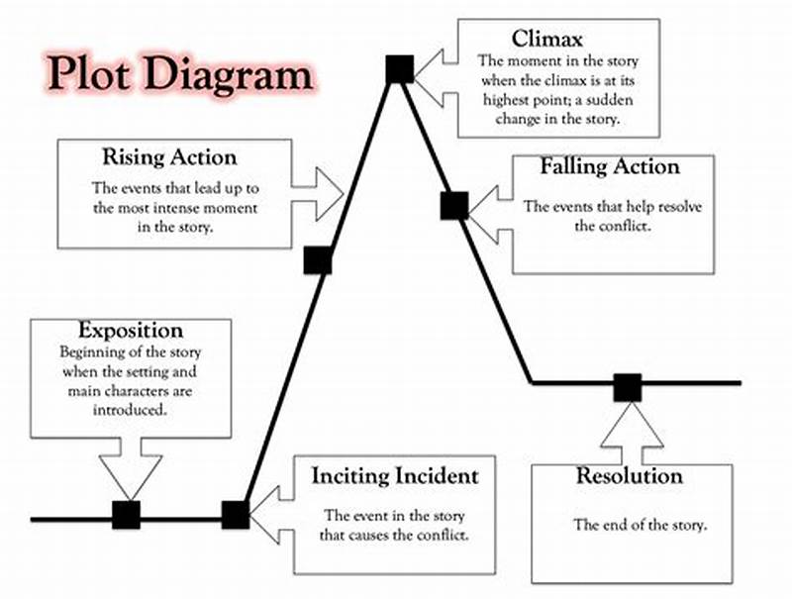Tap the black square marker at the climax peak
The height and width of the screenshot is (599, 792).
(x=399, y=68)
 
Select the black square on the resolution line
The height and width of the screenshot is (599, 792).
(x=627, y=387)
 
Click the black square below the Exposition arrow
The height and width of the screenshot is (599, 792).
(x=126, y=515)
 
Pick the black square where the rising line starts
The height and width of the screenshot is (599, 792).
(x=235, y=515)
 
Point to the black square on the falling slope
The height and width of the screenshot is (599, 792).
(x=453, y=205)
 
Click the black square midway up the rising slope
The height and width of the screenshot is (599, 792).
(x=317, y=259)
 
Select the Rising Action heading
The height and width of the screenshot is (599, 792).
(x=169, y=157)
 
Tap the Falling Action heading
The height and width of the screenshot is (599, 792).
(x=610, y=166)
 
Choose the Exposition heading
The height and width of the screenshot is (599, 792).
(x=131, y=331)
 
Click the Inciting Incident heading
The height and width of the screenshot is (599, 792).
(x=395, y=475)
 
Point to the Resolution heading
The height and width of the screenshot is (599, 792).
(x=630, y=476)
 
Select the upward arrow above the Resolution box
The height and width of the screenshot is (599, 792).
(x=628, y=434)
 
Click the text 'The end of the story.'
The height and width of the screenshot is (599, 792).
(x=641, y=525)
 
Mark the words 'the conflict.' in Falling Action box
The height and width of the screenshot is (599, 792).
(x=614, y=226)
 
